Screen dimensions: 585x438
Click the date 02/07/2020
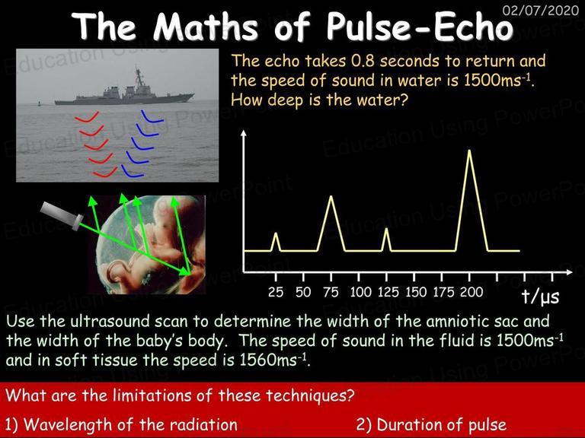(x=541, y=10)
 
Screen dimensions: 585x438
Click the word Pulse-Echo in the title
(x=420, y=26)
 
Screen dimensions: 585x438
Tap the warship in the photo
(x=124, y=90)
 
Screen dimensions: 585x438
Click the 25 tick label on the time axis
(x=276, y=292)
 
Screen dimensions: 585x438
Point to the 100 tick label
(x=360, y=292)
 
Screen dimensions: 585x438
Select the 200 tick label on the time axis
(x=472, y=292)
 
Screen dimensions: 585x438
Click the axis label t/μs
(x=541, y=297)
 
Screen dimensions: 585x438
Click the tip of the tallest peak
(x=469, y=150)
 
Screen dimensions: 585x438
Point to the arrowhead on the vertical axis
(x=244, y=133)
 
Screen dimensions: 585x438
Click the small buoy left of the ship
(x=39, y=103)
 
